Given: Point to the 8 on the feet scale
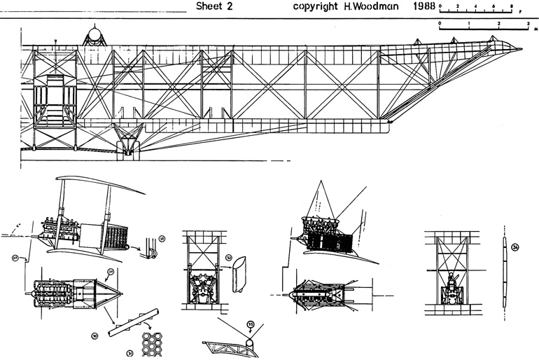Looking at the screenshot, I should point(512,5).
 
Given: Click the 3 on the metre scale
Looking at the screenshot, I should point(528,23).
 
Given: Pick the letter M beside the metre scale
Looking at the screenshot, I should point(535,29).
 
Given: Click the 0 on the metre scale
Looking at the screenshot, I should point(440,23).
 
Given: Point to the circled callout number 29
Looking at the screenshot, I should point(111,270).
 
